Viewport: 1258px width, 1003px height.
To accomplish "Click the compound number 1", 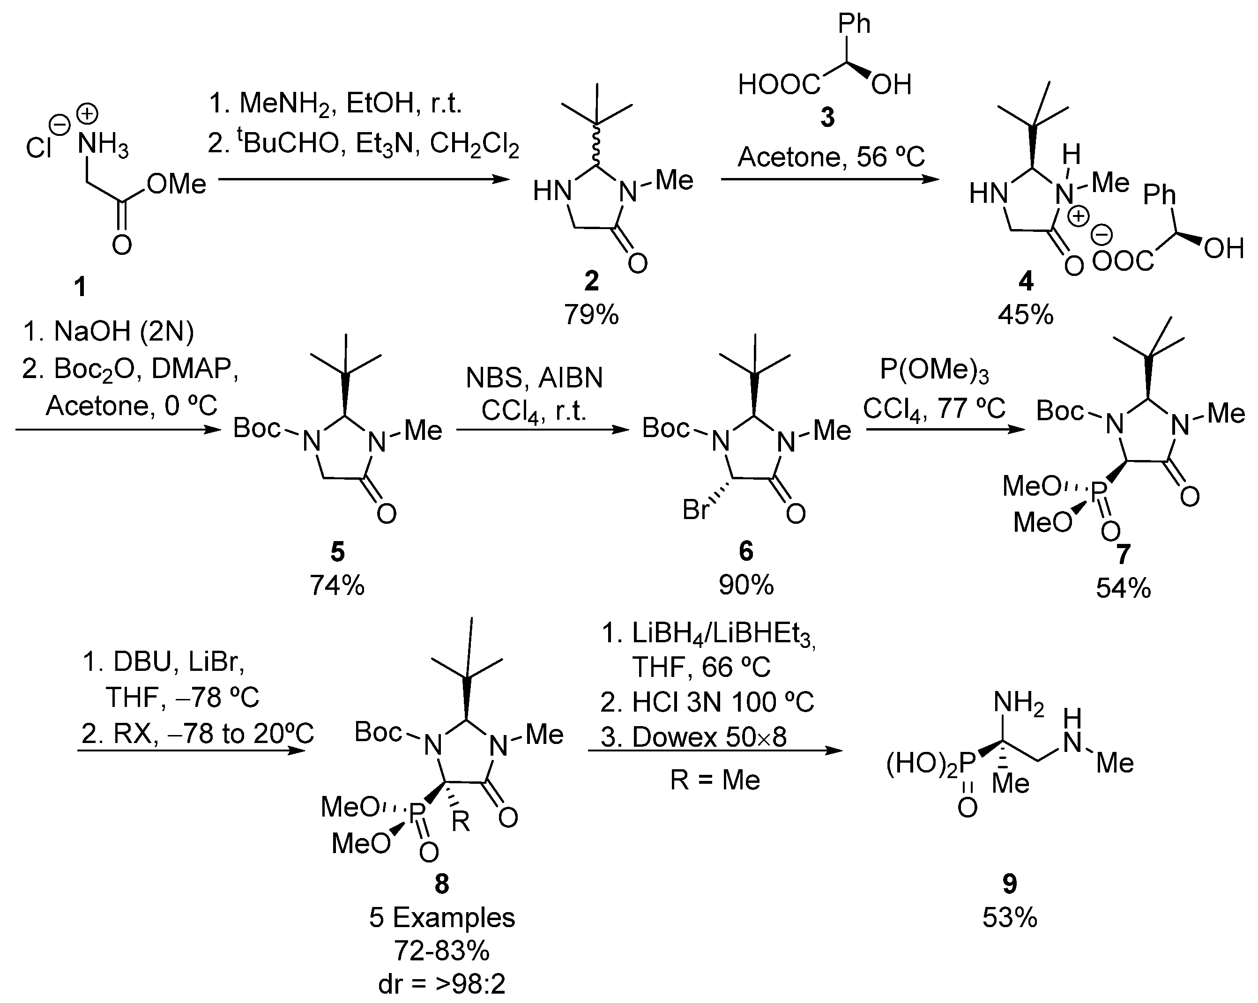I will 80,287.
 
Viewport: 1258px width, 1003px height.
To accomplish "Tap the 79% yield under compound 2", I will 591,315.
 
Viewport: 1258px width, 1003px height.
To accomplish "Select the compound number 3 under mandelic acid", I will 827,117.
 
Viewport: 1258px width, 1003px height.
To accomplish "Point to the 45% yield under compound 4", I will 1026,316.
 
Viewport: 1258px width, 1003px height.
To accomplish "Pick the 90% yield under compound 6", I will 746,585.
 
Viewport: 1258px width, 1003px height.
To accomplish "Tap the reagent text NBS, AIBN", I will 534,378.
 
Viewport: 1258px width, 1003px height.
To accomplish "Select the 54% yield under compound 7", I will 1123,588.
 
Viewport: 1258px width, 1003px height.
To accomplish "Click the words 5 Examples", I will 442,918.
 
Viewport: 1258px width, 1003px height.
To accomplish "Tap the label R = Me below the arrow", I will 715,780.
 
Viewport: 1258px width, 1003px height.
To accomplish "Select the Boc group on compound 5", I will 257,428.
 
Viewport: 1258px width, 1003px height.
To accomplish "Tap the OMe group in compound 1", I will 176,185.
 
